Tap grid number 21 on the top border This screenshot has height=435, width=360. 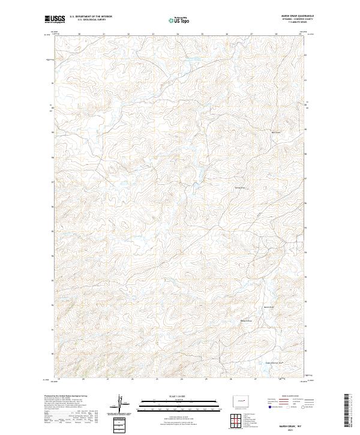click(x=104, y=34)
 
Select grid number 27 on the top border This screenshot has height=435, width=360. click(x=251, y=34)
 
